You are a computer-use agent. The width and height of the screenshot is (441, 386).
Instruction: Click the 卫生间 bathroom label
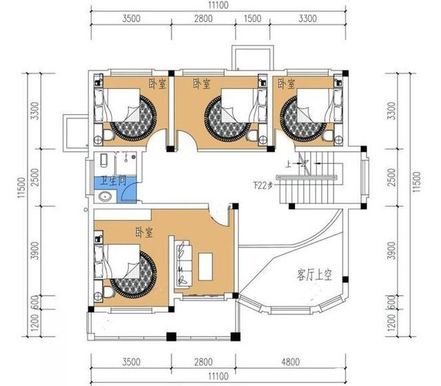[x=113, y=182]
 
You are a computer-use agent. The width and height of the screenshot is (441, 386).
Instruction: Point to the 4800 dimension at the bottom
[x=313, y=361]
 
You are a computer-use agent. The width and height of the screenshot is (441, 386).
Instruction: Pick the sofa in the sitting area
[x=184, y=263]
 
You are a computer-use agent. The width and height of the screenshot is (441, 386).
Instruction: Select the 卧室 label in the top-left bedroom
[x=157, y=83]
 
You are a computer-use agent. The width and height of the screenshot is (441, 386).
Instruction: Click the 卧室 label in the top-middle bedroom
[x=201, y=83]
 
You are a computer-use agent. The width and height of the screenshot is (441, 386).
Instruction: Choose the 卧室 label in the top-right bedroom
[x=286, y=83]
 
